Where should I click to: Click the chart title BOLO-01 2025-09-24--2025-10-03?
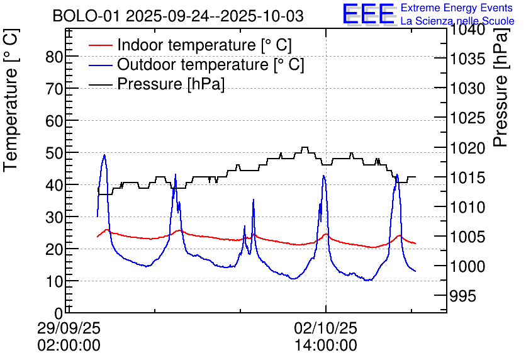(x=178, y=16)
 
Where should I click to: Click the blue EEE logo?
(x=368, y=14)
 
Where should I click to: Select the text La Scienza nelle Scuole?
(x=457, y=21)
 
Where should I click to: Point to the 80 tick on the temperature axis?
(x=55, y=57)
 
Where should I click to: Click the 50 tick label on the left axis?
(x=55, y=153)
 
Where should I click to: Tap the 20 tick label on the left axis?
(x=55, y=249)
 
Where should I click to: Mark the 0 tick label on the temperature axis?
(x=59, y=313)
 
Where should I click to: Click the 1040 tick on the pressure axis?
(x=467, y=30)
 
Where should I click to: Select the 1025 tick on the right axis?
(x=467, y=118)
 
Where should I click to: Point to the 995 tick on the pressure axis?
(x=464, y=296)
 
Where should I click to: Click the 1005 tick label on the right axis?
(x=467, y=237)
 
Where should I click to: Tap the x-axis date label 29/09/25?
(x=69, y=329)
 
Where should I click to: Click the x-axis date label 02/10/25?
(x=326, y=329)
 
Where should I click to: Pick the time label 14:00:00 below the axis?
(x=326, y=346)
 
